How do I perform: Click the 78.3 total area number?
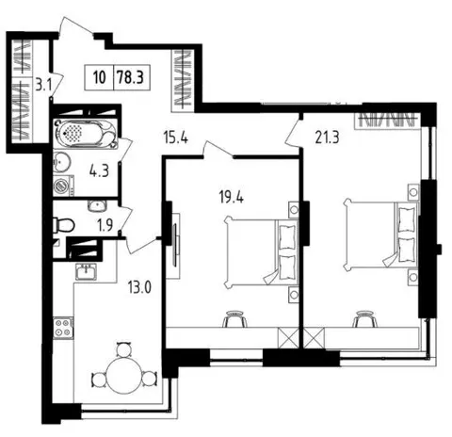point(131,77)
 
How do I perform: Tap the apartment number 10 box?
point(100,77)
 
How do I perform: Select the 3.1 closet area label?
point(43,85)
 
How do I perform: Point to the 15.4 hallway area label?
point(176,138)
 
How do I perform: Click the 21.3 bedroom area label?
point(328,138)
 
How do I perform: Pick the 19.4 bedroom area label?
point(232,198)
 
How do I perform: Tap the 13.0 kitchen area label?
point(139,287)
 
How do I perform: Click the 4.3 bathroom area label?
point(99,171)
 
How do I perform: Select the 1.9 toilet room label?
point(105,225)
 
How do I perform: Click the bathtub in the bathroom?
point(86,134)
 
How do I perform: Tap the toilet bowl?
point(64,225)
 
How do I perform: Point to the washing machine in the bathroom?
point(63,186)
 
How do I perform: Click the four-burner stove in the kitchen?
point(63,328)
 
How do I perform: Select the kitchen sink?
point(86,271)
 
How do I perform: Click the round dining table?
point(123,377)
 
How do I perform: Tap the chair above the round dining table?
point(123,348)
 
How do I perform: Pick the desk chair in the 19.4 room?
point(234,319)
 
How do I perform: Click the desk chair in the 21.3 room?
point(364,319)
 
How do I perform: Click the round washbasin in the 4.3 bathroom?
point(61,162)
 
